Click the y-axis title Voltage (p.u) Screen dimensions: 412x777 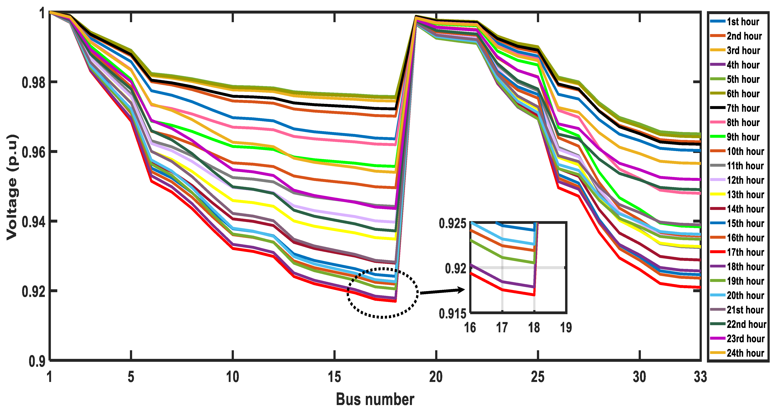point(12,187)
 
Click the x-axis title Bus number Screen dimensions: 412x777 point(375,399)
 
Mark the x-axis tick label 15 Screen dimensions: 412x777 point(334,377)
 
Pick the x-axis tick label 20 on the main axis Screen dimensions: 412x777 point(436,377)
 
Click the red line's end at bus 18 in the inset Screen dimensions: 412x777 point(534,295)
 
